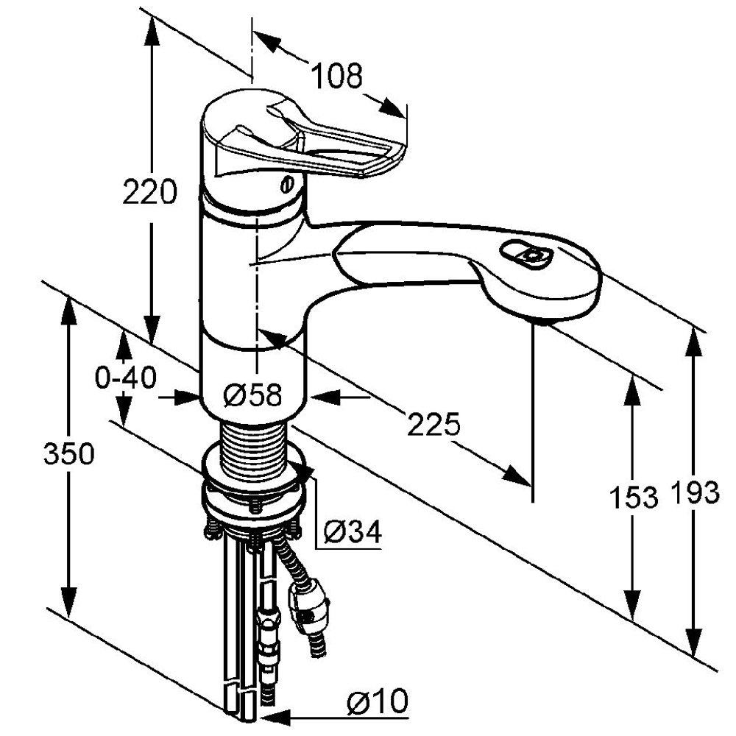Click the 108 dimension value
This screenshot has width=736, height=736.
click(336, 76)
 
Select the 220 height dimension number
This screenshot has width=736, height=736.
click(150, 193)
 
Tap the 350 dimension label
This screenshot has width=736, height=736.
click(68, 454)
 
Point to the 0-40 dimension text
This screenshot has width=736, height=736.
click(126, 378)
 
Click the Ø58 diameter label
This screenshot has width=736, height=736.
click(252, 396)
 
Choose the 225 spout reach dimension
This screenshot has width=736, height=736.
click(435, 425)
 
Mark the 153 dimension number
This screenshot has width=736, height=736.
click(633, 498)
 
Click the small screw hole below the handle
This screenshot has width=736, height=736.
click(287, 184)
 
